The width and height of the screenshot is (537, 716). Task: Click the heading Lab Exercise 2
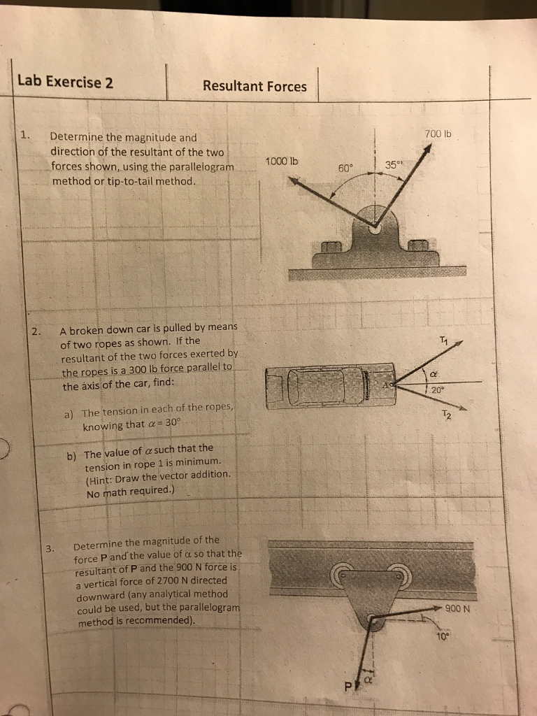click(x=65, y=81)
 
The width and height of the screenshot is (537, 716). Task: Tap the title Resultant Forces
click(x=255, y=86)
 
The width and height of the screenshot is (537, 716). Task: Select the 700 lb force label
click(x=438, y=134)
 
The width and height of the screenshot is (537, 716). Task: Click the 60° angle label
click(x=345, y=169)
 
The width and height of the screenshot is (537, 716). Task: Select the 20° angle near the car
click(x=437, y=391)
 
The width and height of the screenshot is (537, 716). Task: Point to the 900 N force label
click(x=459, y=608)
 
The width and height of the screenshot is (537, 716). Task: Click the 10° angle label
click(x=442, y=636)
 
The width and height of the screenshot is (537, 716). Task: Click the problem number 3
click(x=50, y=548)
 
